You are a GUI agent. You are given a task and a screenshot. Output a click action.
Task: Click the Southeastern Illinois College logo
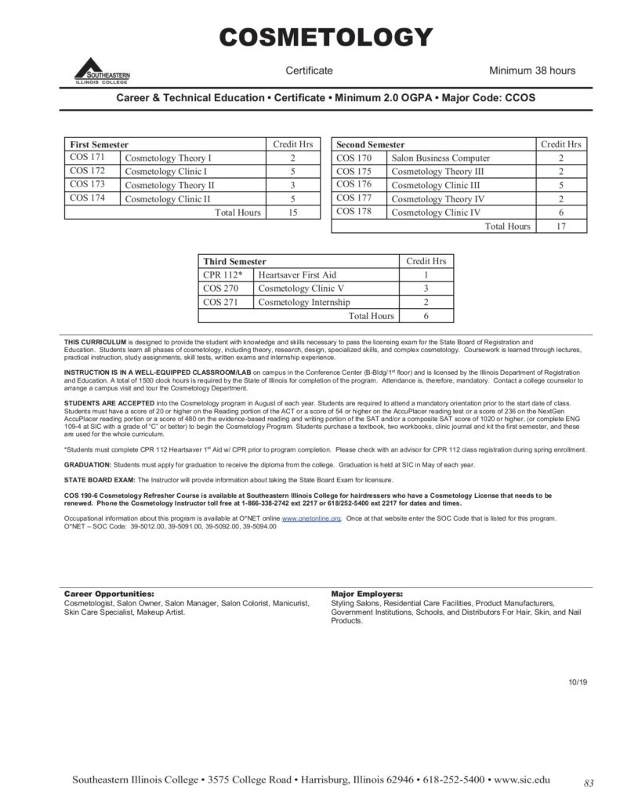tap(102, 71)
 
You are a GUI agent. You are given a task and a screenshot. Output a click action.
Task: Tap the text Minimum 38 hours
tap(532, 71)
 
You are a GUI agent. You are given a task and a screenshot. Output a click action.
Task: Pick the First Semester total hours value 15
tap(292, 213)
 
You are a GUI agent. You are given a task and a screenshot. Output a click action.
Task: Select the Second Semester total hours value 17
tap(560, 226)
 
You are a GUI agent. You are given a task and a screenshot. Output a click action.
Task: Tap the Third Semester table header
tap(234, 260)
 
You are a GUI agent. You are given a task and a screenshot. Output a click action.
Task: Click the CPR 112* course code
tap(223, 274)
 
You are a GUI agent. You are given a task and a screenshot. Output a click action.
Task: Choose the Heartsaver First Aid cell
tap(303, 274)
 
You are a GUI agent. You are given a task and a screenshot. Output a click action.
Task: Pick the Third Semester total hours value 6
tap(425, 315)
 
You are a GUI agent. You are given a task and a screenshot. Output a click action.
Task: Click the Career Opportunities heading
tap(108, 594)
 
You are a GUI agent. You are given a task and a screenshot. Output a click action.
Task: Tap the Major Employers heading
tap(367, 594)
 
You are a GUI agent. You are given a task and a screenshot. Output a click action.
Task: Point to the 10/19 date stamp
tap(578, 682)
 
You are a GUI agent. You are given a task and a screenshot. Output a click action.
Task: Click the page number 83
tap(589, 782)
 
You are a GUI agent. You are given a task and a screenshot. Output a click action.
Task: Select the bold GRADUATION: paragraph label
tap(86, 463)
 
